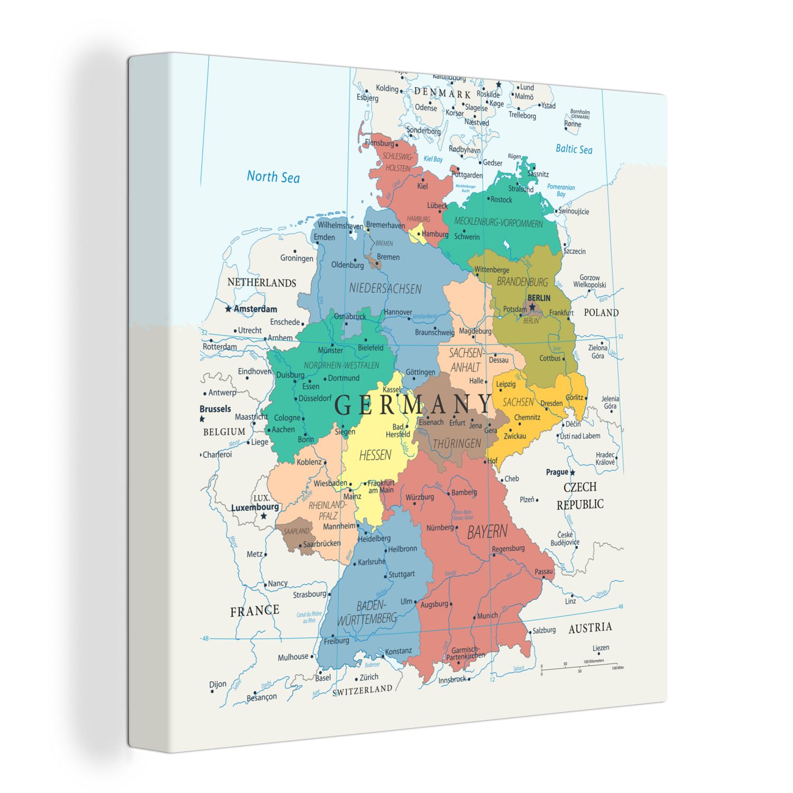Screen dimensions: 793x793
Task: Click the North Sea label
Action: tap(273, 177)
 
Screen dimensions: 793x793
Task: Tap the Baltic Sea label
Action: tap(574, 149)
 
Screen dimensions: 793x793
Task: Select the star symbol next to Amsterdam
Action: tap(228, 309)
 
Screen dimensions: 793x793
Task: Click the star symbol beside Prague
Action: tap(572, 472)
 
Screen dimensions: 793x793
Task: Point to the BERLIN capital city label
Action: tap(539, 298)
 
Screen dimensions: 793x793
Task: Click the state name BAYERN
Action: tap(487, 532)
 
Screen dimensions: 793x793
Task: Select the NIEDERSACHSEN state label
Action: tap(385, 289)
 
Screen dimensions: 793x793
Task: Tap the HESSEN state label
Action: tap(375, 455)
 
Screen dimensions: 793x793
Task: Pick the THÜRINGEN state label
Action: tap(457, 444)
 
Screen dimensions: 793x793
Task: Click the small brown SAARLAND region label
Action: tap(296, 531)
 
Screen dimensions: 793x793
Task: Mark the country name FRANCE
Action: tap(254, 611)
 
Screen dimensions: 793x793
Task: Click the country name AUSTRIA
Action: tap(590, 628)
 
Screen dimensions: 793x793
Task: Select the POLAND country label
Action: tap(601, 312)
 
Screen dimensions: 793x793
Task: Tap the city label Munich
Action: tap(487, 615)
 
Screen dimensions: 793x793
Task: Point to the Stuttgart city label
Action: tap(401, 574)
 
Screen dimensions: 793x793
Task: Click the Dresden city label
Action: tap(551, 403)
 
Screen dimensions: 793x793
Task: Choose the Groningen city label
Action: tap(296, 258)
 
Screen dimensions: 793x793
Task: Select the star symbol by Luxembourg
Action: tap(263, 516)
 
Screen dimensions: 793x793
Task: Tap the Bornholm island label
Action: tap(580, 113)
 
